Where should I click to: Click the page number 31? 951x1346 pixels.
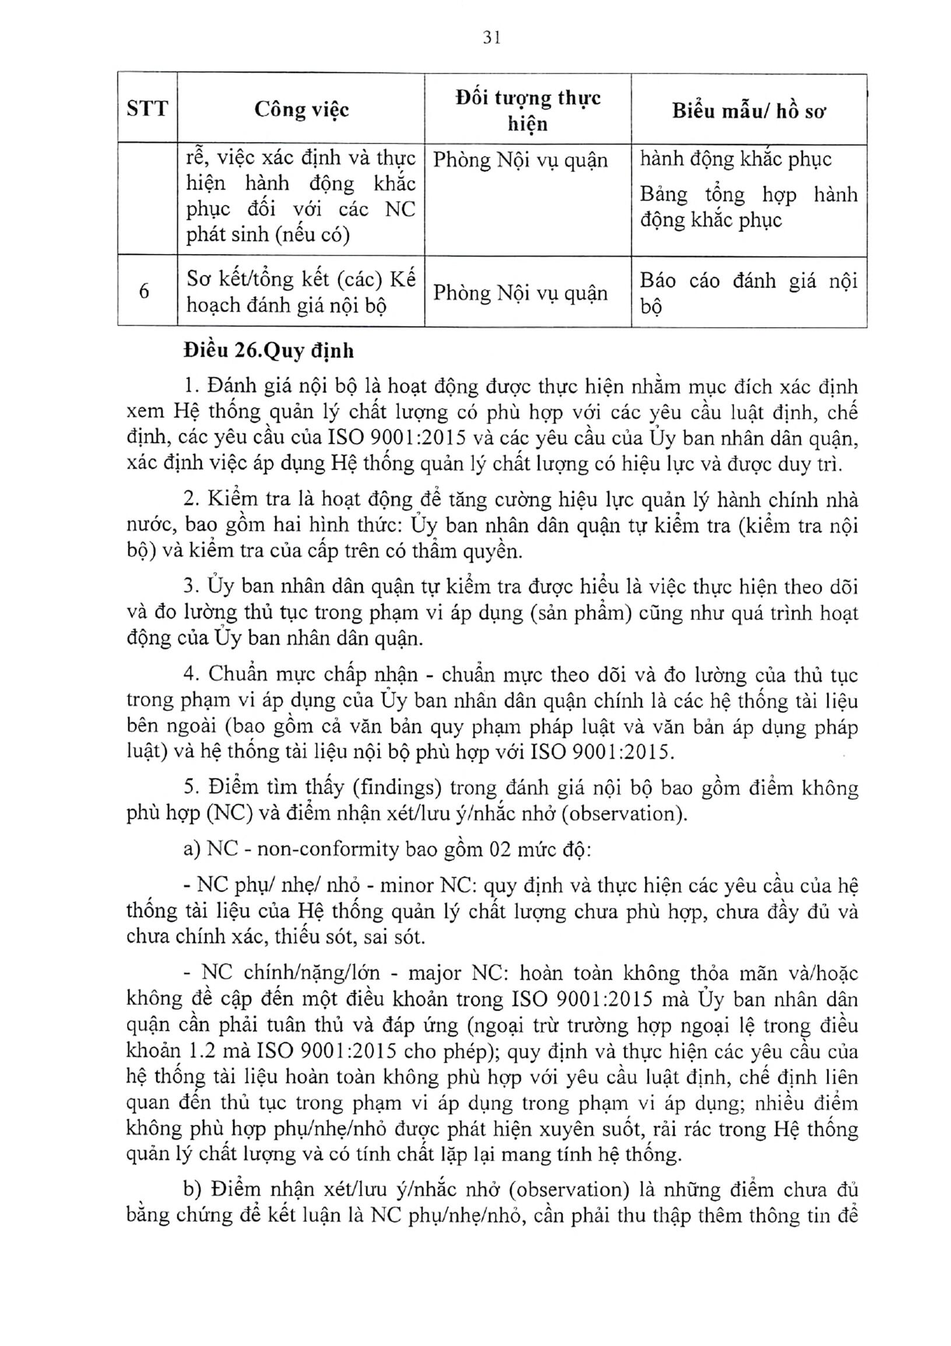pyautogui.click(x=492, y=38)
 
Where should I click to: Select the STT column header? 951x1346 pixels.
pyautogui.click(x=147, y=108)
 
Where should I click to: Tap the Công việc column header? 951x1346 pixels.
pyautogui.click(x=301, y=109)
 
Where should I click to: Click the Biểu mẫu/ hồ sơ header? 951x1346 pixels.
pyautogui.click(x=749, y=110)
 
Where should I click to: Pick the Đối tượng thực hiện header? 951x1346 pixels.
pyautogui.click(x=528, y=110)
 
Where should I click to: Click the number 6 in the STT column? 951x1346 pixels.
pyautogui.click(x=145, y=291)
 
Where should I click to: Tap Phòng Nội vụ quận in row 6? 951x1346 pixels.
pyautogui.click(x=520, y=293)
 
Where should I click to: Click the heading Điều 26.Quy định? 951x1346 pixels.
pyautogui.click(x=269, y=350)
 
